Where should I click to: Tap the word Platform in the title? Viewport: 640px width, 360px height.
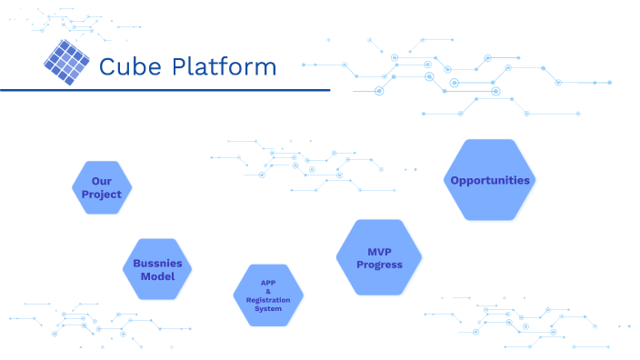coord(223,66)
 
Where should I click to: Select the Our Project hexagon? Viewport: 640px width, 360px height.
coord(102,187)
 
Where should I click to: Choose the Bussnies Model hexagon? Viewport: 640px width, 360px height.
coord(157,269)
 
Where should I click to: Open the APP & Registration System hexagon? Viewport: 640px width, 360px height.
coord(268,295)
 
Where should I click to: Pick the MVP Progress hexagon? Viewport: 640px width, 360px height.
coord(379,257)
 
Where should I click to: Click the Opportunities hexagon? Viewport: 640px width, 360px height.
coord(490,180)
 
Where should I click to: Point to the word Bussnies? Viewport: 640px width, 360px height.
coord(157,263)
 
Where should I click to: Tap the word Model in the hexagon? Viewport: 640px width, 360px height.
coord(157,276)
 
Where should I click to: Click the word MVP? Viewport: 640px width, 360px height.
coord(379,251)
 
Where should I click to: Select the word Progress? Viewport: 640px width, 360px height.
coord(379,265)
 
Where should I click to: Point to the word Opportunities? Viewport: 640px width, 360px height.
coord(490,180)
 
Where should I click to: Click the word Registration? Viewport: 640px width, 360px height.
coord(268,300)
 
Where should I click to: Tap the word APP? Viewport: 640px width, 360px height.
coord(268,283)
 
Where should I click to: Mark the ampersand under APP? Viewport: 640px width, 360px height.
coord(268,291)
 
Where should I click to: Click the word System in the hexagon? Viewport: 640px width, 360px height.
coord(268,309)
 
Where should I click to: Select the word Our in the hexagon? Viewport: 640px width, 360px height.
coord(102,181)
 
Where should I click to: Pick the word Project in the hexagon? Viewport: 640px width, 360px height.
coord(102,195)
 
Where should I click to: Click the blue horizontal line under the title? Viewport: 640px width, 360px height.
coord(164,90)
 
